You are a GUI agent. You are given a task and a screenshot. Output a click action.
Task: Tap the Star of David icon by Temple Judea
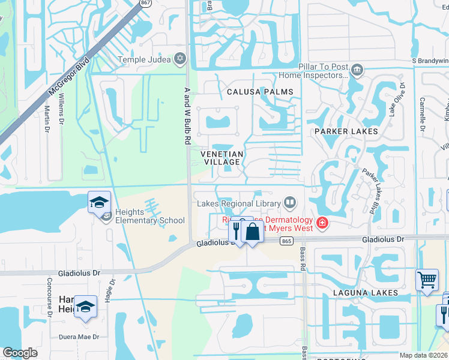coord(179,59)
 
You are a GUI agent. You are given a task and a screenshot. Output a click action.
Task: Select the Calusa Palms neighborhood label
coord(260,92)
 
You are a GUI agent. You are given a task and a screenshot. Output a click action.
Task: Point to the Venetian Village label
coord(222,158)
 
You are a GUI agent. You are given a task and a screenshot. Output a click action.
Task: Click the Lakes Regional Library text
coord(238,203)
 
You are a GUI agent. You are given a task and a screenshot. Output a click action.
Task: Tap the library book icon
coord(290,203)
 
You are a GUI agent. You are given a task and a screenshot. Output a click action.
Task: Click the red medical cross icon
coord(322,224)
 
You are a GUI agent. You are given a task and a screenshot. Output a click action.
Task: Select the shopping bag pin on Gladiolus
coord(252,232)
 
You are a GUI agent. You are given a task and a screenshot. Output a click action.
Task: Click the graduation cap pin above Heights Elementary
coord(99,203)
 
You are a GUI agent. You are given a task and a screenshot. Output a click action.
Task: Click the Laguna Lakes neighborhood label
coord(367,293)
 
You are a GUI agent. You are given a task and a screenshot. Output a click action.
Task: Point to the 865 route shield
coord(286,241)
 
